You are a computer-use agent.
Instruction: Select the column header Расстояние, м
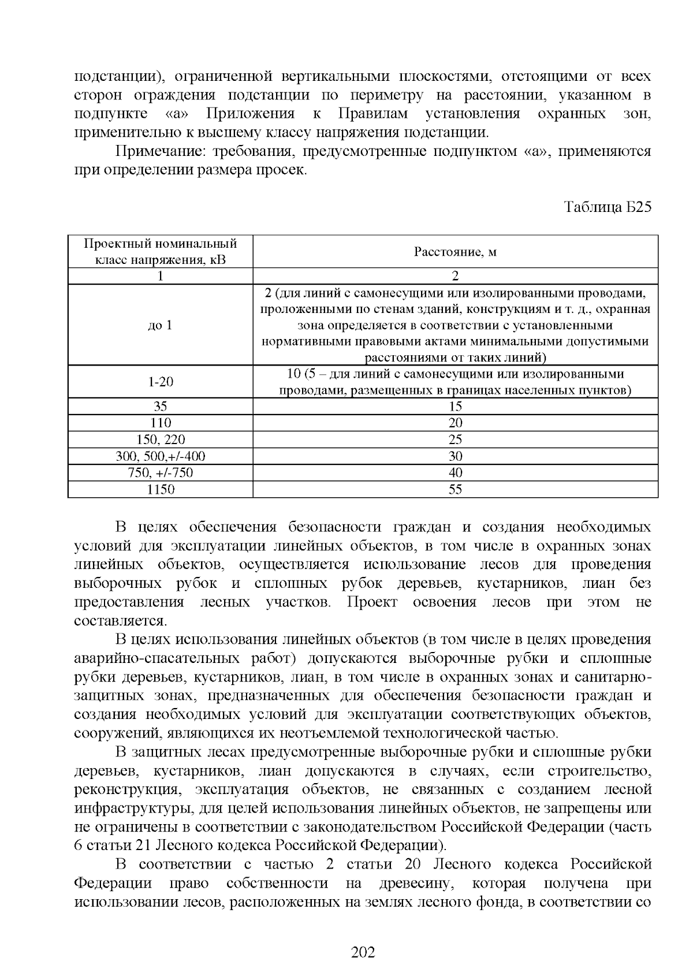coord(455,252)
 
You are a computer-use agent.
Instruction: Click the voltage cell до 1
coord(161,325)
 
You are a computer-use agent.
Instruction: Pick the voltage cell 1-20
coord(161,382)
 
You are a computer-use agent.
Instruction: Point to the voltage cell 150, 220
coord(161,439)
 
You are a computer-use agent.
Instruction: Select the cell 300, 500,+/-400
coord(161,456)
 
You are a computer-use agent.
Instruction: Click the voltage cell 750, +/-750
coord(161,473)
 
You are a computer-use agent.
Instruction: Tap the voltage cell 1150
coord(161,490)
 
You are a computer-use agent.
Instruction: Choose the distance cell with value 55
coord(455,490)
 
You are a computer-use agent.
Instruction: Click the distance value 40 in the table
coord(455,473)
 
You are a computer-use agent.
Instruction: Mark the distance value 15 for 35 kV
coord(455,407)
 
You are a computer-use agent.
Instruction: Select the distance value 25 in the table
coord(455,439)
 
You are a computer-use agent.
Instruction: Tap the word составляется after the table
coord(120,621)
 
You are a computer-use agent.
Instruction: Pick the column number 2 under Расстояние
coord(455,276)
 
